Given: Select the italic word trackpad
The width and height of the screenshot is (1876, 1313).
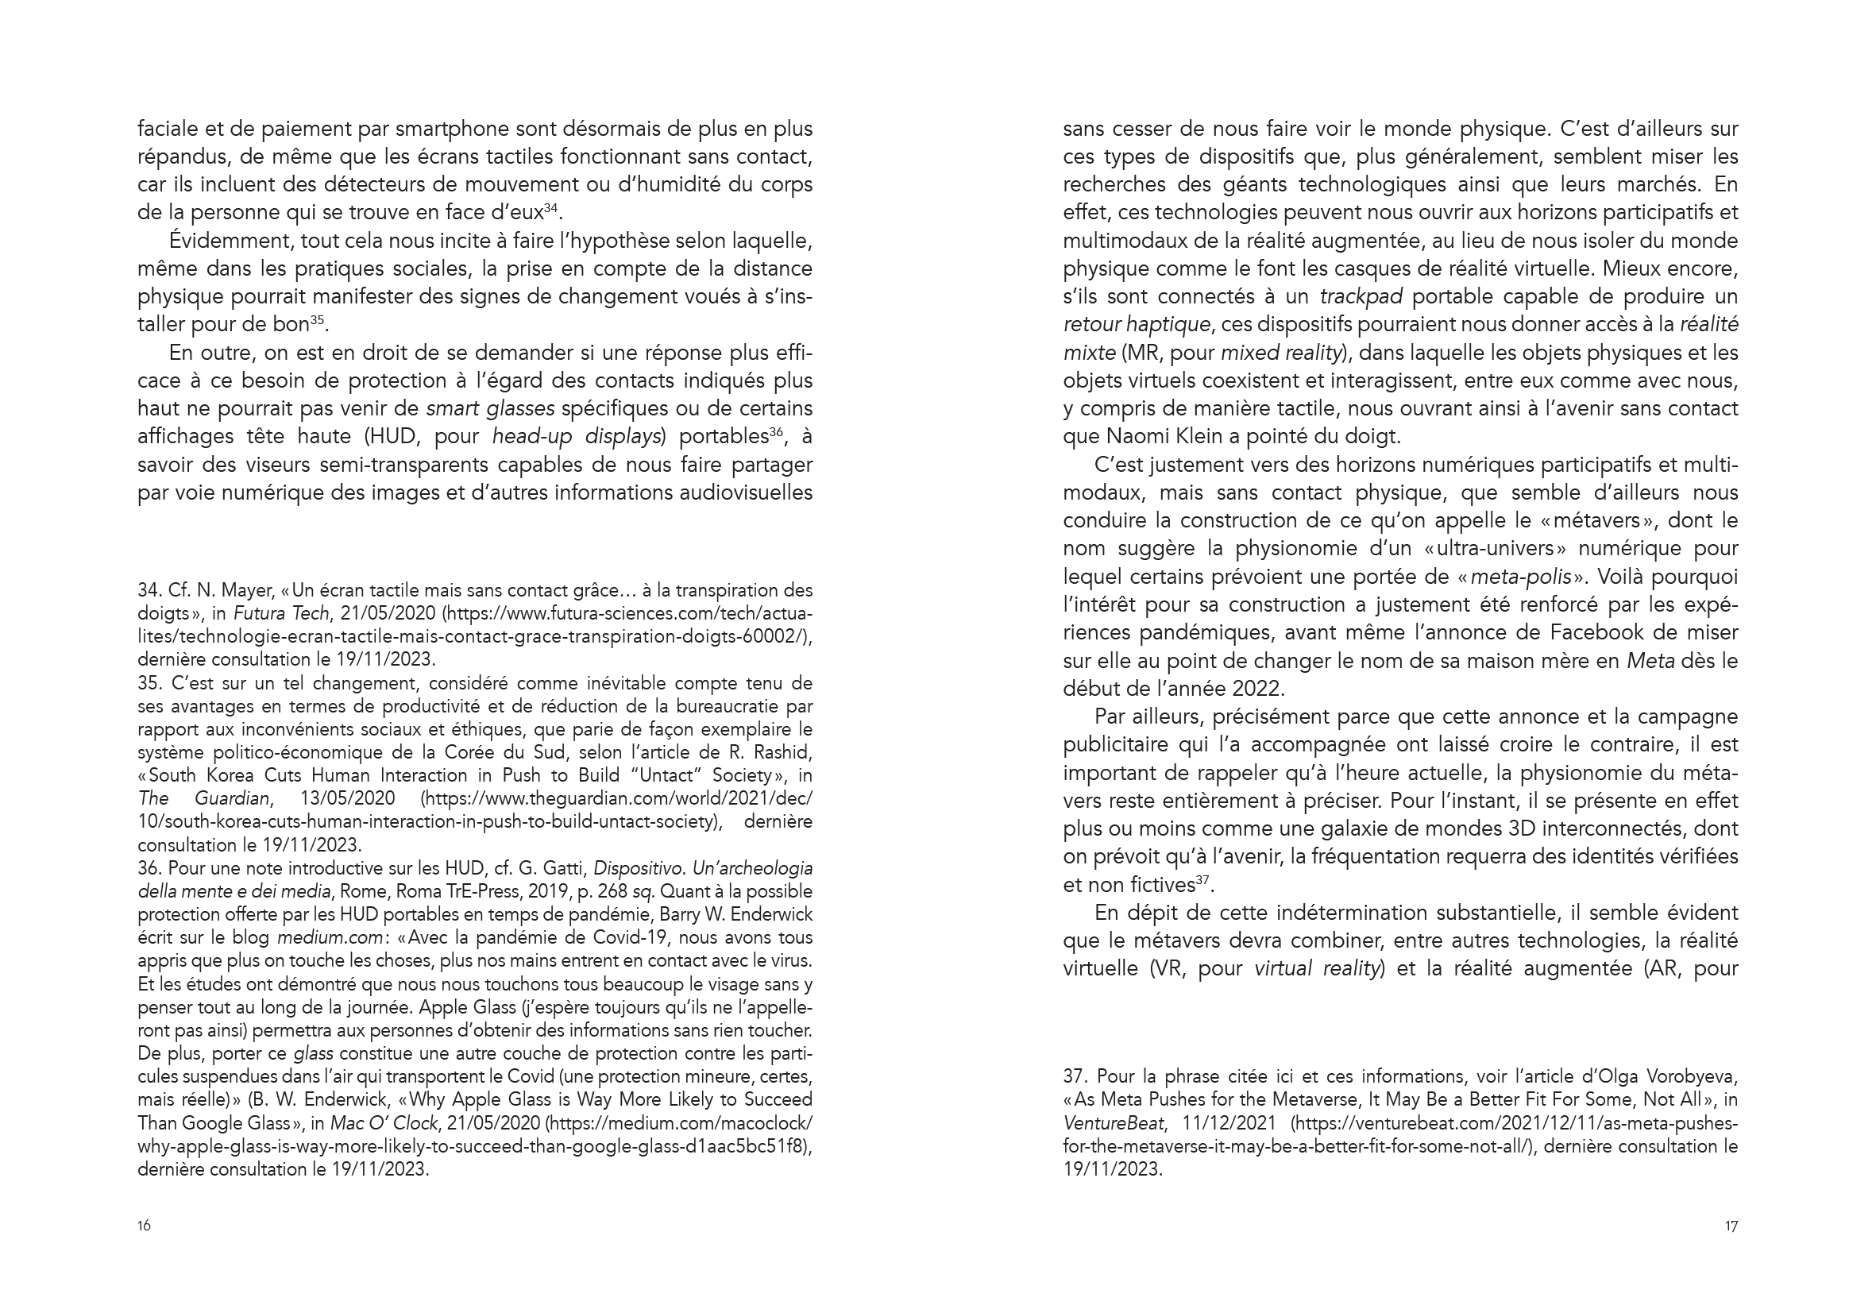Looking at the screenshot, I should point(1361,296).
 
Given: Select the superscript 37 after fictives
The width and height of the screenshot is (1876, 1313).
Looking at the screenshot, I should point(1202,880).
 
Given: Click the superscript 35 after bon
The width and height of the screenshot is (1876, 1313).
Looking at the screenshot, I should point(318,319).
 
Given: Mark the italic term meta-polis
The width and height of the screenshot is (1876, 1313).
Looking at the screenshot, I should point(1520,577).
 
